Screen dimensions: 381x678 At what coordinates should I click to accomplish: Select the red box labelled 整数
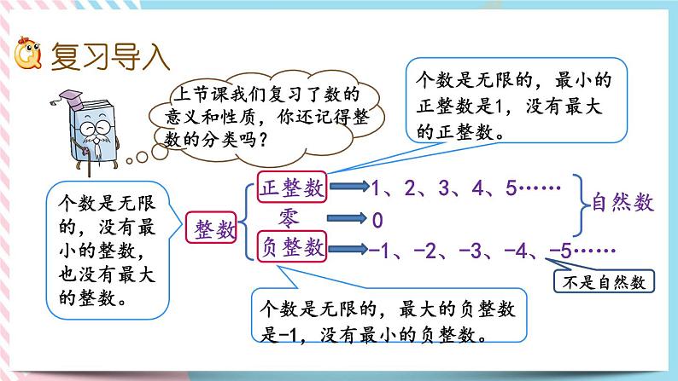(x=209, y=228)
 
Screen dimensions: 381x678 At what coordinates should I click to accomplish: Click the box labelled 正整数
(x=292, y=189)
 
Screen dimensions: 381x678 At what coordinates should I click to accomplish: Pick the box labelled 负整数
(x=292, y=247)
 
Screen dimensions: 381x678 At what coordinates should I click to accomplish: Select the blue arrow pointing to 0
(x=345, y=218)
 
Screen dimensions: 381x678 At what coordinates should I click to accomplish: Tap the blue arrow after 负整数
(x=345, y=248)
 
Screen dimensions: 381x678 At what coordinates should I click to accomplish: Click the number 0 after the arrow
(x=377, y=220)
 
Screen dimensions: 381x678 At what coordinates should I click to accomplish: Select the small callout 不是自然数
(x=602, y=280)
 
